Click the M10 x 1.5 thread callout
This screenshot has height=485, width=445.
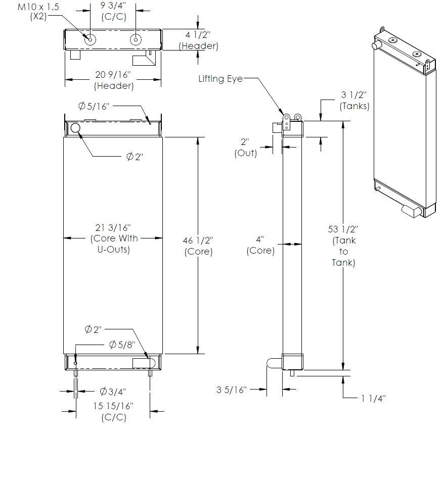[38, 12]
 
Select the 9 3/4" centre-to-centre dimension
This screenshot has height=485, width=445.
[114, 11]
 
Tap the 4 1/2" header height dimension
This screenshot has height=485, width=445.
[199, 40]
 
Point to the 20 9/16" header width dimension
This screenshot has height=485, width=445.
[113, 80]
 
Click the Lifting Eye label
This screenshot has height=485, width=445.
[220, 79]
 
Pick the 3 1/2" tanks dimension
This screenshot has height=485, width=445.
[354, 101]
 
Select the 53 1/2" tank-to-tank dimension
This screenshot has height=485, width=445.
[343, 246]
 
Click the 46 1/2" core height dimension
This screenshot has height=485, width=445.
[198, 246]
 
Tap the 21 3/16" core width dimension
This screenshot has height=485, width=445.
[114, 238]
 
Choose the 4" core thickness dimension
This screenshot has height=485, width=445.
[260, 245]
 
